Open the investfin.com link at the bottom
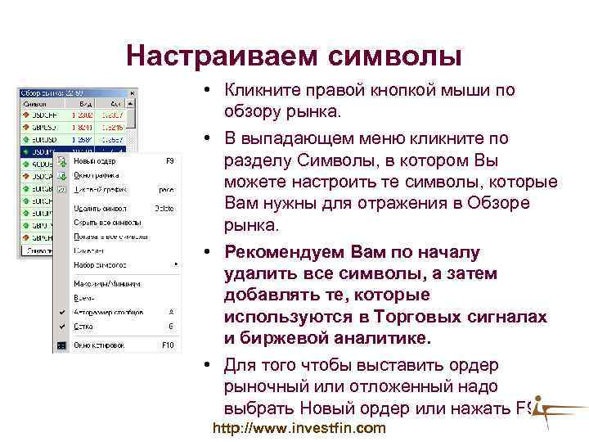tap(299, 428)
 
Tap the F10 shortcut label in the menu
tap(168, 345)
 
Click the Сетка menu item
tap(83, 325)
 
